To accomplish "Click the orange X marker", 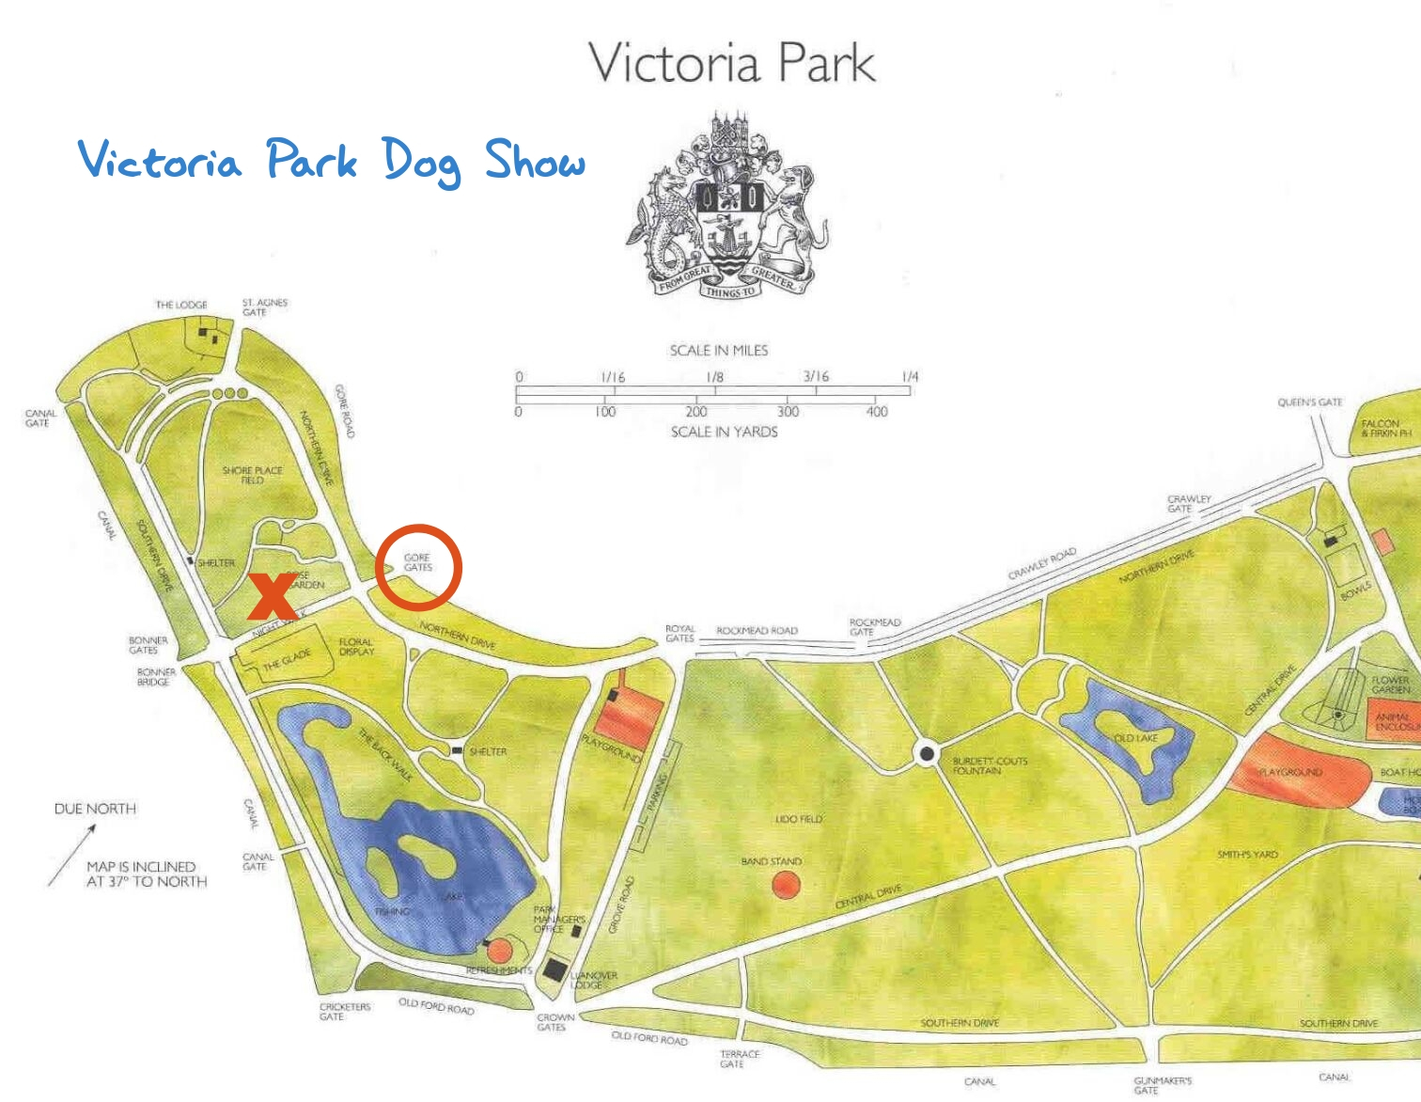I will coord(273,595).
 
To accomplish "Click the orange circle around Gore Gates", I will coord(418,567).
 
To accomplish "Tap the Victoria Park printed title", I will coord(731,63).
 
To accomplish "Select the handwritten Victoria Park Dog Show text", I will coord(332,161).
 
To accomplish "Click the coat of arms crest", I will coord(728,207).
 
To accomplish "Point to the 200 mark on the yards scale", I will coord(696,412).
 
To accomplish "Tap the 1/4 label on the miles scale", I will coord(910,376).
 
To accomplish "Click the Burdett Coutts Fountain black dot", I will coord(927,753).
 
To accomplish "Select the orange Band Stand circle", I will coord(786,885).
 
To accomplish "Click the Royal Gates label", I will coord(679,633).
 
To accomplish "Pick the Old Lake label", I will coord(1135,738).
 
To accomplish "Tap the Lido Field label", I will coord(798,819).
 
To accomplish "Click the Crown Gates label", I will coord(555,1022).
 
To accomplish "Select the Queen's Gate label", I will coord(1309,402).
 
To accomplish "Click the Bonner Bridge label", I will coord(156,677).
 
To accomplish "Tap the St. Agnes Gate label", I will coord(264,307).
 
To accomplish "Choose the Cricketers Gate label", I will coord(344,1011).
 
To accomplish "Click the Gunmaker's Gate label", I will coord(1162,1085).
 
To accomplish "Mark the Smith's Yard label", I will coord(1247,855).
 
